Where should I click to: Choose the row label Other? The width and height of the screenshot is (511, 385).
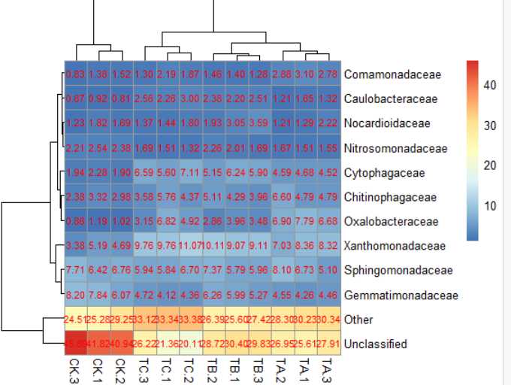pyautogui.click(x=359, y=320)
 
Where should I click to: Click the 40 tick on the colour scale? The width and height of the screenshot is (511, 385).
pyautogui.click(x=489, y=86)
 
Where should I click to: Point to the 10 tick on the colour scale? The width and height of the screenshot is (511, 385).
pyautogui.click(x=489, y=206)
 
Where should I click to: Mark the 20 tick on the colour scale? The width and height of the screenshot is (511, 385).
pyautogui.click(x=489, y=166)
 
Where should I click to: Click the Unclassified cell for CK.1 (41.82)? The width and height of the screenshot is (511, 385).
pyautogui.click(x=98, y=344)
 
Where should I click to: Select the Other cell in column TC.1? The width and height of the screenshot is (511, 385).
pyautogui.click(x=168, y=320)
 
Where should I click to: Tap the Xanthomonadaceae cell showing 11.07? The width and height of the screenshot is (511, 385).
pyautogui.click(x=191, y=246)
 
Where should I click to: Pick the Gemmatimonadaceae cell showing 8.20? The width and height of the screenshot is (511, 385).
pyautogui.click(x=74, y=296)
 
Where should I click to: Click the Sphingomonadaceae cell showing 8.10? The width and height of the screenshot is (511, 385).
pyautogui.click(x=283, y=271)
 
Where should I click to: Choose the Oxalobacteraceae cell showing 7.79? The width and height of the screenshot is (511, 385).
pyautogui.click(x=307, y=222)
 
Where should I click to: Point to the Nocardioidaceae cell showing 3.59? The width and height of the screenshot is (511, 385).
pyautogui.click(x=260, y=124)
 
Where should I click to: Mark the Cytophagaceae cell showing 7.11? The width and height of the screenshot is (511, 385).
pyautogui.click(x=191, y=173)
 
